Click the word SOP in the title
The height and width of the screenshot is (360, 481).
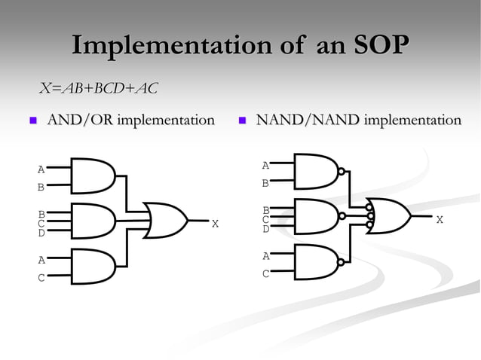[381, 44]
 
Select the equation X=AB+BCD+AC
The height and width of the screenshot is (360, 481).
[98, 89]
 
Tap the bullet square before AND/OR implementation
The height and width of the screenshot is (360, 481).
[32, 121]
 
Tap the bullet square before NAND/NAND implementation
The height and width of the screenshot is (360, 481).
[242, 121]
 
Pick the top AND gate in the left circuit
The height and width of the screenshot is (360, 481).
[92, 175]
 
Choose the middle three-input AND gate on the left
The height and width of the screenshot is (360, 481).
[92, 221]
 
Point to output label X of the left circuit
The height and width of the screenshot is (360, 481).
[215, 224]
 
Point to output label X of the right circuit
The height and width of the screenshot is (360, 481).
[440, 219]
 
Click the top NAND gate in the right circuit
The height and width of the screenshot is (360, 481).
[316, 172]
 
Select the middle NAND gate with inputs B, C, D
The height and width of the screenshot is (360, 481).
[316, 216]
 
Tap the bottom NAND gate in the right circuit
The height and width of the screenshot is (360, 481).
[316, 261]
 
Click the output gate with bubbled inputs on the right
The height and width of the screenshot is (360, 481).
[388, 215]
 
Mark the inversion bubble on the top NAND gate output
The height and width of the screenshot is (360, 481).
[342, 172]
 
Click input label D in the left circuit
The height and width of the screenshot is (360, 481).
[41, 233]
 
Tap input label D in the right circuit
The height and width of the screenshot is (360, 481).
[265, 229]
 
